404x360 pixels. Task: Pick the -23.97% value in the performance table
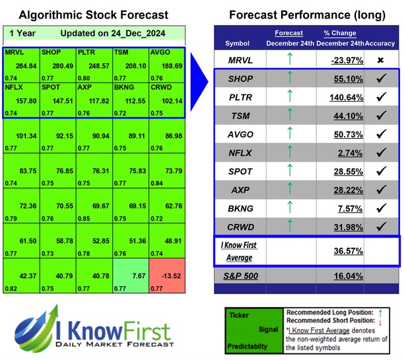point(343,60)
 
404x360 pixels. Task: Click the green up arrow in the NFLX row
point(289,153)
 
